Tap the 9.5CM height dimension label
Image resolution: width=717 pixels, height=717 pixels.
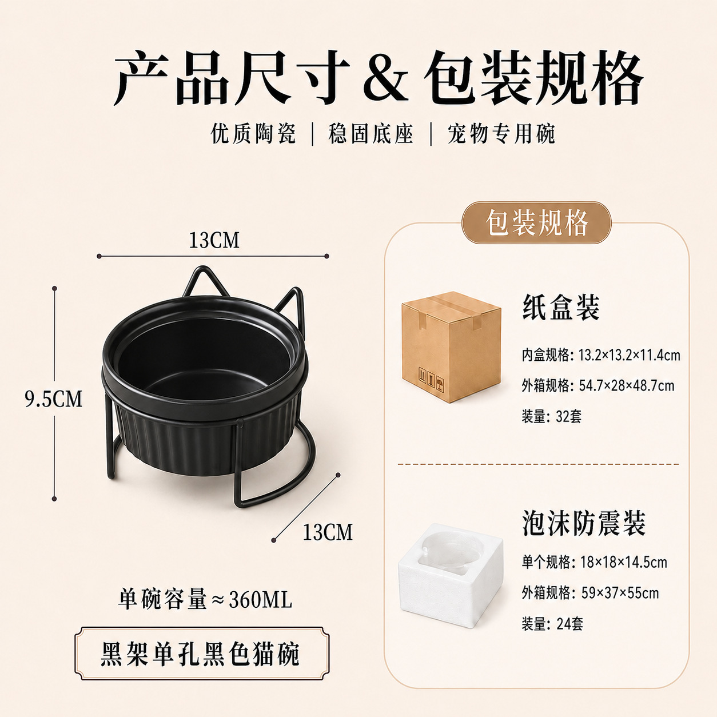(54, 399)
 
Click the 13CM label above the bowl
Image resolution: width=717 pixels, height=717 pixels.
(214, 240)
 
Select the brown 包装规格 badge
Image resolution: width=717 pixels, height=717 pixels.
(536, 222)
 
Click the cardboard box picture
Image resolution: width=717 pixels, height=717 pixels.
(451, 347)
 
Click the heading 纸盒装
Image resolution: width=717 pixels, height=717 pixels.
(561, 308)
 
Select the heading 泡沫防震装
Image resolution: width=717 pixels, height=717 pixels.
(583, 523)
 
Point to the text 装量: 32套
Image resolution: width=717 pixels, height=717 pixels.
(551, 416)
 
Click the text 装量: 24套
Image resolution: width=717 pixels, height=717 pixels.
(552, 624)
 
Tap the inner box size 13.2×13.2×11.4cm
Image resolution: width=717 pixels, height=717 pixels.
(630, 355)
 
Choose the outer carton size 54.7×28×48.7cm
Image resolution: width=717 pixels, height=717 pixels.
(627, 385)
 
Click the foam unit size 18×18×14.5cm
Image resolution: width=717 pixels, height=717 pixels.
(624, 562)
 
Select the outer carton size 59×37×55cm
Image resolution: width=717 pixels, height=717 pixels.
(620, 593)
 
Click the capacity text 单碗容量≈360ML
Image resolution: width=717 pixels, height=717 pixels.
(205, 600)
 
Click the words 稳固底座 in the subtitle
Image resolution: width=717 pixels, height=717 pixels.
(371, 134)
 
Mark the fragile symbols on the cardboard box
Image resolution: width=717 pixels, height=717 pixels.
(431, 380)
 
